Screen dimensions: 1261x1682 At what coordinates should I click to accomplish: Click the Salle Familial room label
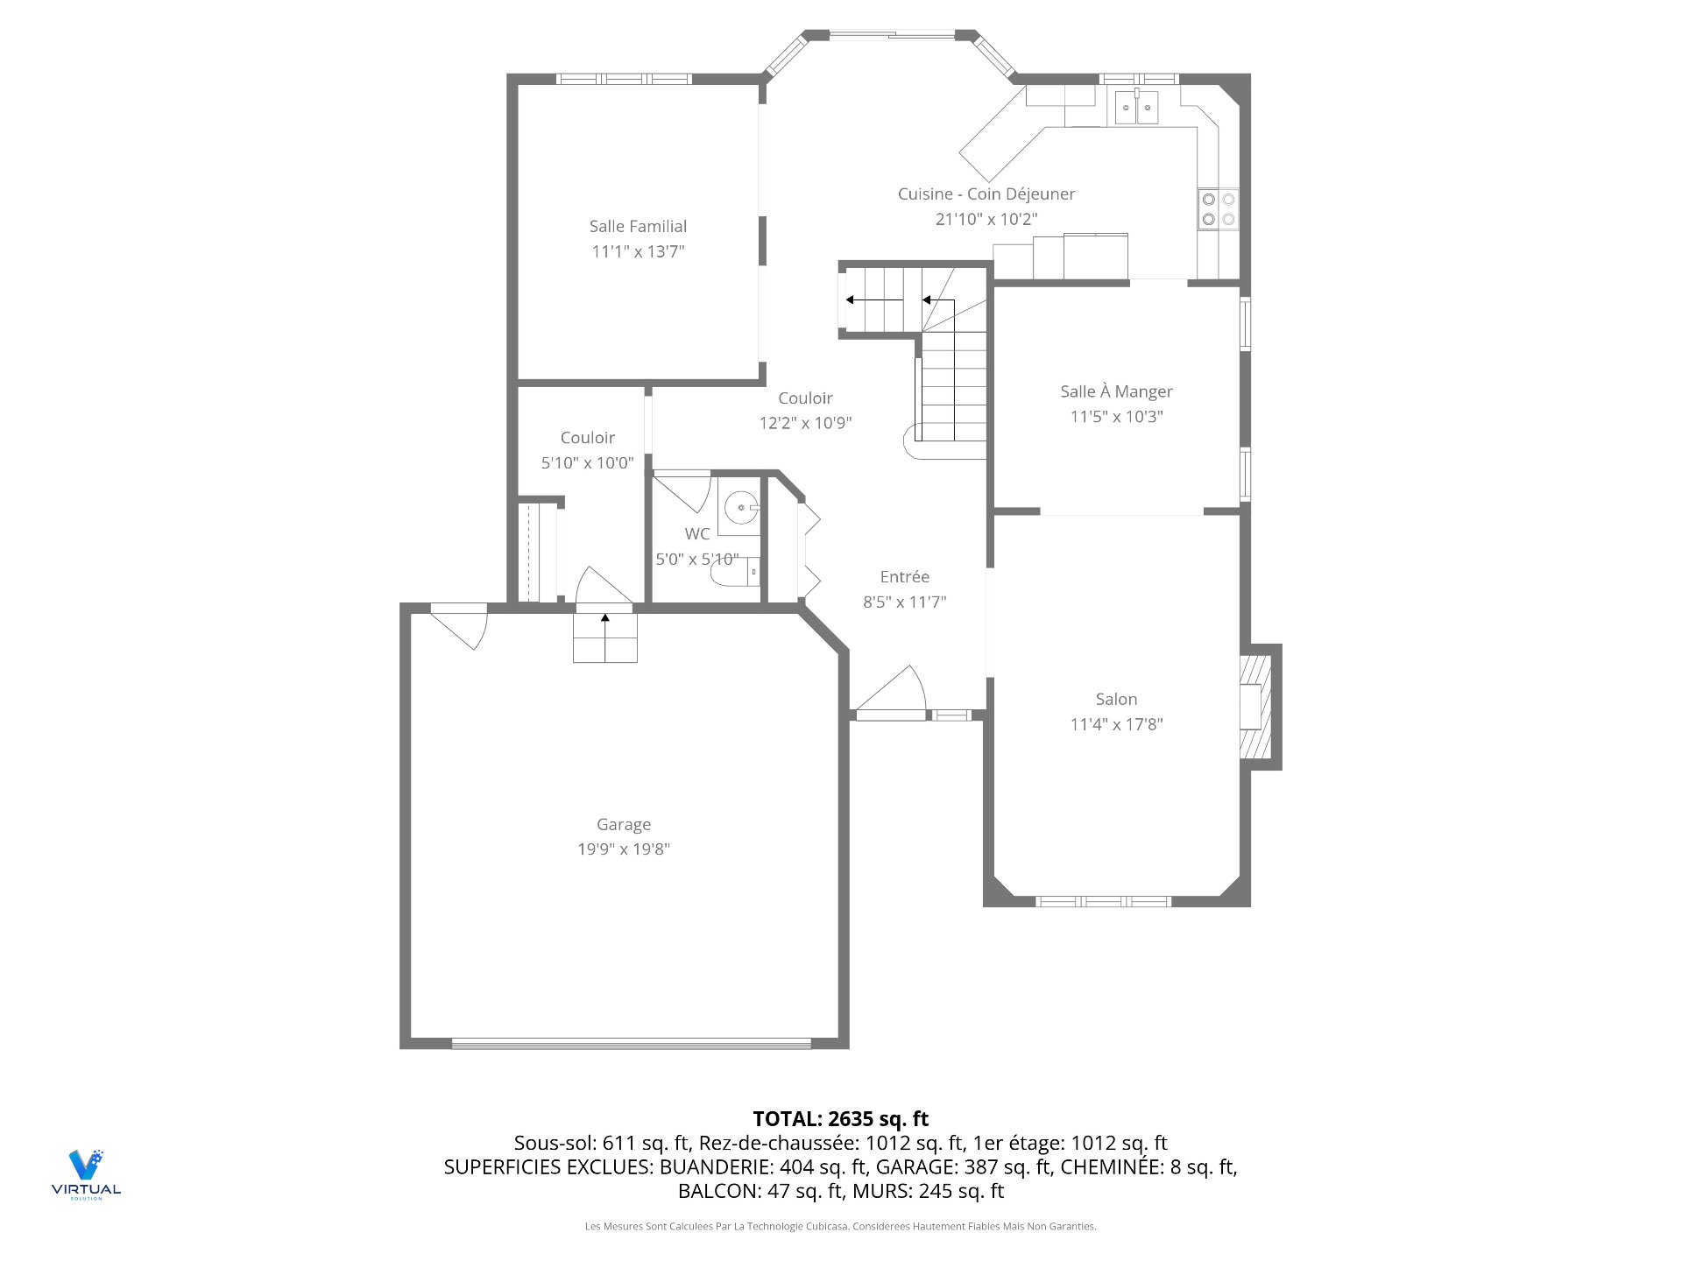(638, 226)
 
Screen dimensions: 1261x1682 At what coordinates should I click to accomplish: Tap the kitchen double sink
(1136, 109)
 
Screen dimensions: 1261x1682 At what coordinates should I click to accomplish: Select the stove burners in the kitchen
(1218, 209)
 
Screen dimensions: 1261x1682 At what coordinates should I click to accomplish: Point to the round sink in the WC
(740, 507)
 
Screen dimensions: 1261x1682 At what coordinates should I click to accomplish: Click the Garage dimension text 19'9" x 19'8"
(623, 849)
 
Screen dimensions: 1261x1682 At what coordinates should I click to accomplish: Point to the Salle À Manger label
(1116, 391)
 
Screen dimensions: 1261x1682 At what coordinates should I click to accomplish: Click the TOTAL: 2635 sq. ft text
(840, 1118)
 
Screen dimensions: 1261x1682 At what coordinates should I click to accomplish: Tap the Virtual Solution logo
(86, 1173)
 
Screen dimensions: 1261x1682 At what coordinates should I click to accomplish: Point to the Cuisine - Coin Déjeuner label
(986, 194)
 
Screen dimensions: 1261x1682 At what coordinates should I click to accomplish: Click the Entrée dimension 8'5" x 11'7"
(904, 602)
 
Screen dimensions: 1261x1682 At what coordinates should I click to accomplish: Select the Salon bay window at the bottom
(1103, 900)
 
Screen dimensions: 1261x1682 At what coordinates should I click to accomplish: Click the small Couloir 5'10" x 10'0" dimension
(587, 462)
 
